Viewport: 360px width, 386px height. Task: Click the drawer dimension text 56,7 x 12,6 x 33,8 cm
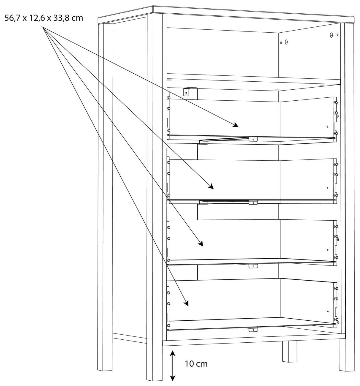(x=44, y=18)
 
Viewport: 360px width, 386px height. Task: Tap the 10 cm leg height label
(x=196, y=364)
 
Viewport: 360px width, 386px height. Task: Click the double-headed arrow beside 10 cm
(x=172, y=366)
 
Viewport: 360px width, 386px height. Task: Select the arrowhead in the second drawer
(x=211, y=186)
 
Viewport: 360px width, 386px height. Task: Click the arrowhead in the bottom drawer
(x=186, y=303)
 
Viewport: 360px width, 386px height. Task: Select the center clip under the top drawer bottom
(x=253, y=139)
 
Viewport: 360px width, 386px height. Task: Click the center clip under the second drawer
(x=253, y=203)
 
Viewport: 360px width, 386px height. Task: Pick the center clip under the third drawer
(x=253, y=266)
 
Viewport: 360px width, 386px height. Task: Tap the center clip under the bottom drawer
(x=253, y=330)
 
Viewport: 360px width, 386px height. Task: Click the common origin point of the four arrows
(x=42, y=27)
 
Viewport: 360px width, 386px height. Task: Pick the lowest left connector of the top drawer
(x=168, y=130)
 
